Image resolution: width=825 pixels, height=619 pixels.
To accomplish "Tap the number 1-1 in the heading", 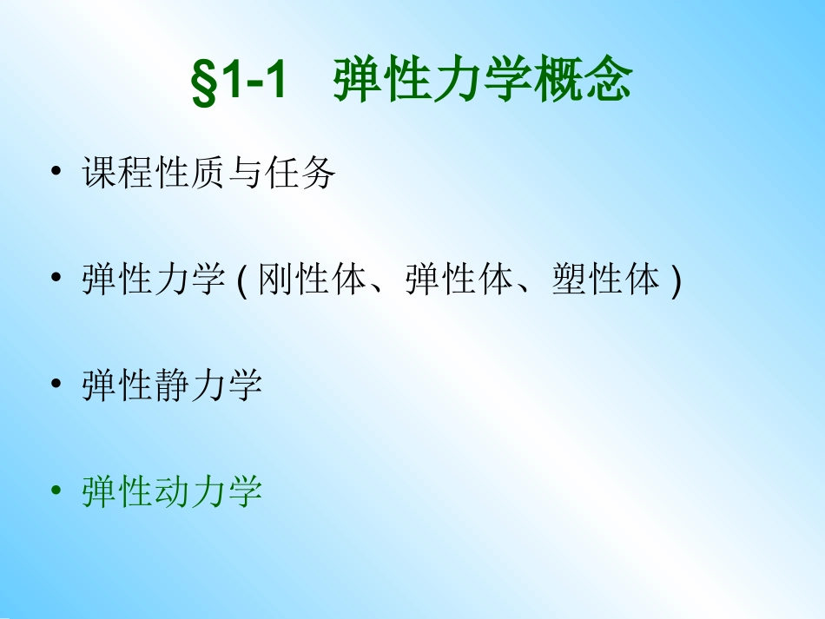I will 252,83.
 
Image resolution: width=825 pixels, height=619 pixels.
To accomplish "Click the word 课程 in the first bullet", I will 117,174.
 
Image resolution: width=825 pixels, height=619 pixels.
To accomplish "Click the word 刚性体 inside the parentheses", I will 311,280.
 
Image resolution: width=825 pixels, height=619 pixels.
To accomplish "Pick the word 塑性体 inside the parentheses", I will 605,280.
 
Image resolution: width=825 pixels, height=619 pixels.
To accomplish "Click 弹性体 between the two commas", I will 459,280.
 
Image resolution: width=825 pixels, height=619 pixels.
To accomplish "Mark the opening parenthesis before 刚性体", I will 242,281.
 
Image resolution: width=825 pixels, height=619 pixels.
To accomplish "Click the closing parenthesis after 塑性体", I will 675,281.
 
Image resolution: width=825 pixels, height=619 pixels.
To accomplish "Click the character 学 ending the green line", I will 245,492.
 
